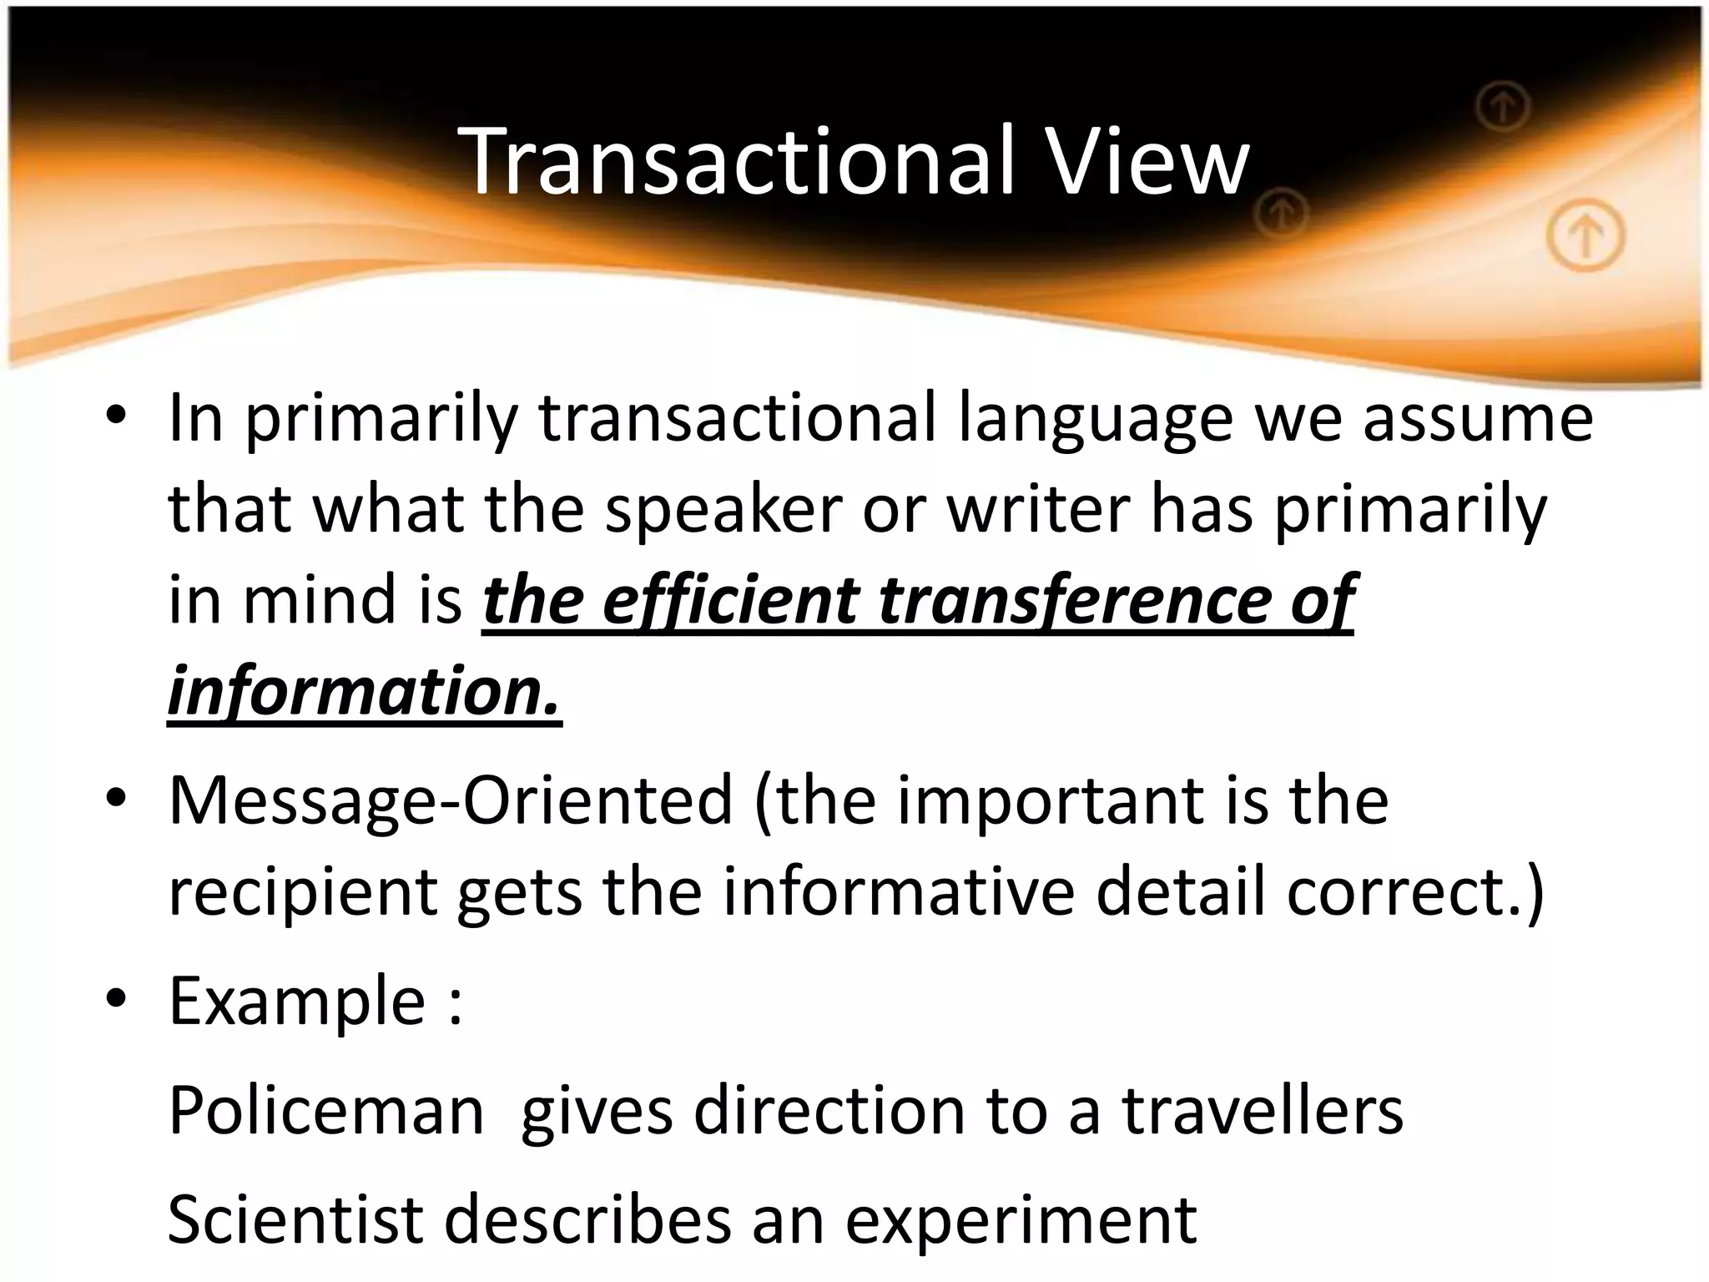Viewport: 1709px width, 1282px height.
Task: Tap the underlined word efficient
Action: [x=730, y=601]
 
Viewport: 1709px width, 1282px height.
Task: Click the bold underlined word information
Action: [x=364, y=693]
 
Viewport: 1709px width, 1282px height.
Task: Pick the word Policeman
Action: [x=326, y=1112]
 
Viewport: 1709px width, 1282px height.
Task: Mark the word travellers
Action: [x=1263, y=1112]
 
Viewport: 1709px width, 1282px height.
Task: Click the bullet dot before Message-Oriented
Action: [x=117, y=800]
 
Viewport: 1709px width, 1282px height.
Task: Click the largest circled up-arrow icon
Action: [x=1585, y=238]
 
